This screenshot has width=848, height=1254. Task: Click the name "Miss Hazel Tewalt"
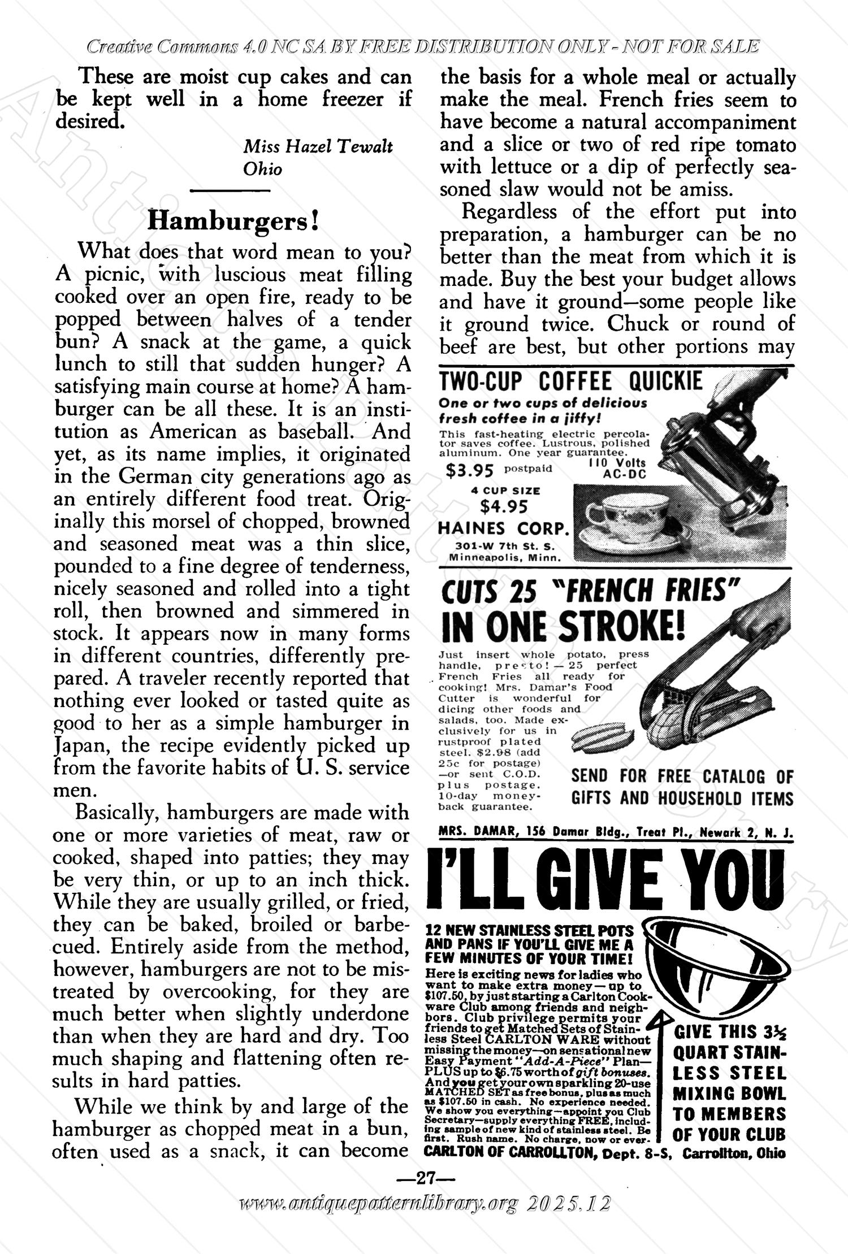click(318, 147)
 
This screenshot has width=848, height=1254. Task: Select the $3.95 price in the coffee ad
click(470, 470)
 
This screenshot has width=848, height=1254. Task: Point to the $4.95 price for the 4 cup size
click(504, 506)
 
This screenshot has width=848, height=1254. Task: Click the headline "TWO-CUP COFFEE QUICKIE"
click(570, 382)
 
